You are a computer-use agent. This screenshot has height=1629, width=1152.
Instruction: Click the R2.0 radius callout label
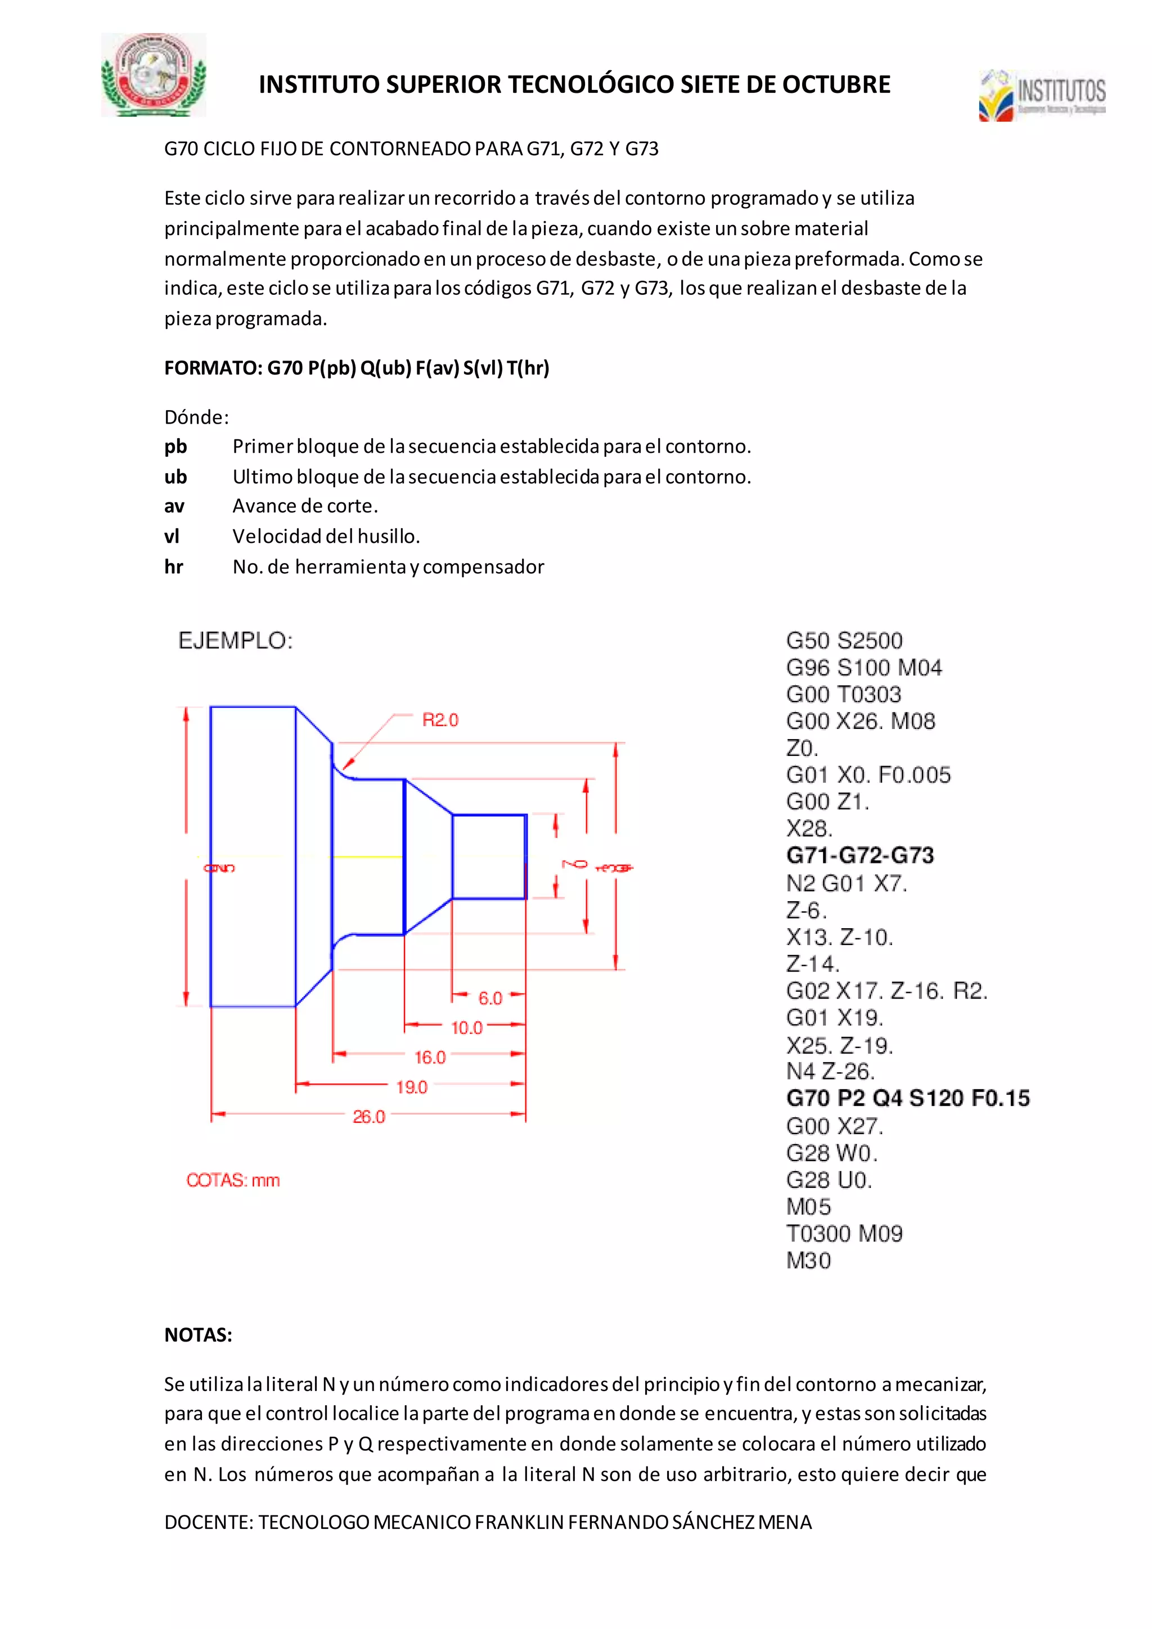pyautogui.click(x=440, y=720)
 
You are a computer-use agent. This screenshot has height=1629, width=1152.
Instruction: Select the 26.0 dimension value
pyautogui.click(x=369, y=1117)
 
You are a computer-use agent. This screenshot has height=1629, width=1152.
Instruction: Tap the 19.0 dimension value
pyautogui.click(x=411, y=1087)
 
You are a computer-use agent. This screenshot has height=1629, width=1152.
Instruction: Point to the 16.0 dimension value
pyautogui.click(x=430, y=1057)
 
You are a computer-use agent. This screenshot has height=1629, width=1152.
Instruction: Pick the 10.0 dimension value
pyautogui.click(x=467, y=1027)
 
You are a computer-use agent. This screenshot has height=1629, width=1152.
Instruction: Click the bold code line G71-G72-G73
pyautogui.click(x=859, y=855)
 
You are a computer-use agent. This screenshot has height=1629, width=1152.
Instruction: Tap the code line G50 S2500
pyautogui.click(x=844, y=641)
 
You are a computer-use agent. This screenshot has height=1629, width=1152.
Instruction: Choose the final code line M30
pyautogui.click(x=809, y=1261)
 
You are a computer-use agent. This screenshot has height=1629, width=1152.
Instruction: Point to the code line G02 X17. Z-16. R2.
pyautogui.click(x=886, y=991)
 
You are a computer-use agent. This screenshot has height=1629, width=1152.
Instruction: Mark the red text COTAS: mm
pyautogui.click(x=233, y=1180)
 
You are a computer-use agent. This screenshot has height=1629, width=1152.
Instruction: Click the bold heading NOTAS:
pyautogui.click(x=199, y=1335)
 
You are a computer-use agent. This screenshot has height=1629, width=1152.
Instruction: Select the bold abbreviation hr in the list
pyautogui.click(x=174, y=567)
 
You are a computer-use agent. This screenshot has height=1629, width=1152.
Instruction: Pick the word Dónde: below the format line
pyautogui.click(x=196, y=417)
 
